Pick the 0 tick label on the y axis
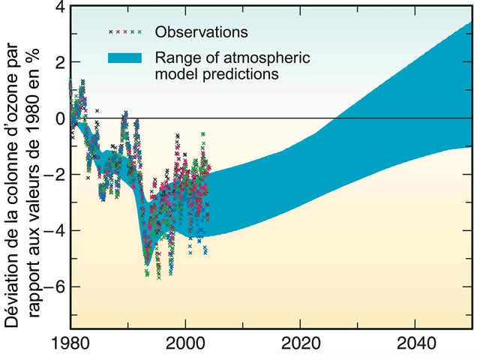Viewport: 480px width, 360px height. coord(58,118)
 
